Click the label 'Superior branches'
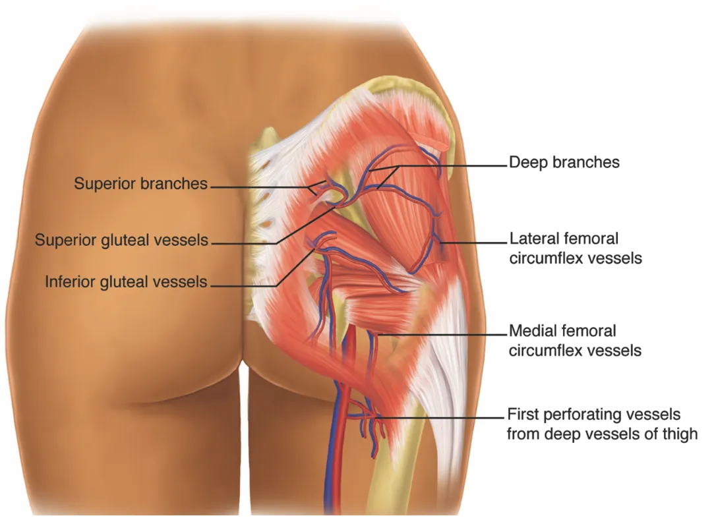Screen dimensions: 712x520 tap(140, 184)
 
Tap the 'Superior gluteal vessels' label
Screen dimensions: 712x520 tap(121, 240)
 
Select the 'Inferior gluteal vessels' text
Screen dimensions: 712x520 tap(126, 282)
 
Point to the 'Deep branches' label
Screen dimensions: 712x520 tap(564, 162)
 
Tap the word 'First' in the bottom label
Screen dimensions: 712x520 tap(523, 415)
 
